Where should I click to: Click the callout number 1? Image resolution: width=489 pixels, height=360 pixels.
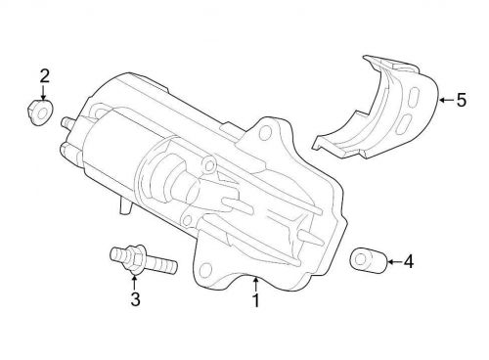pos(256,301)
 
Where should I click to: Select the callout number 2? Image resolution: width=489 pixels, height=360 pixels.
pos(43,75)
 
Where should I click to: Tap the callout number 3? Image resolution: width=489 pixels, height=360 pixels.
pos(135,299)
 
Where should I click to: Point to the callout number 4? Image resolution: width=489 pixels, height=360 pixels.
pos(409,261)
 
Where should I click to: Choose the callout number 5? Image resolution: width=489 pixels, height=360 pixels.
pos(461,99)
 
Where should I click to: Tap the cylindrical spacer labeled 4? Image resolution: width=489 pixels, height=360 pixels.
pos(365,261)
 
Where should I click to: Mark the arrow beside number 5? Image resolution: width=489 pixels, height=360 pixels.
pos(443,99)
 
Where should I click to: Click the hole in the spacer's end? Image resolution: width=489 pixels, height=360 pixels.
pos(359,259)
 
